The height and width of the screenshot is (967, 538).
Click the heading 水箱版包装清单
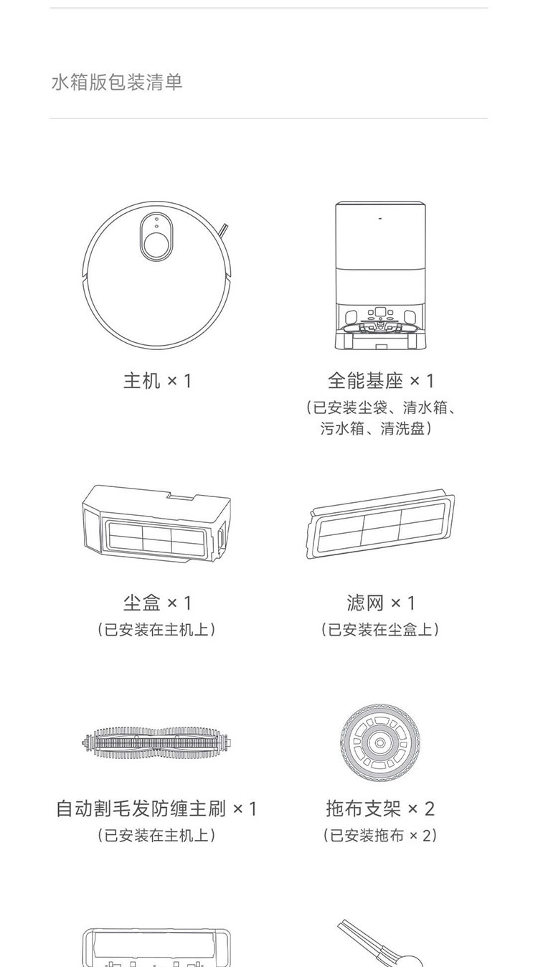(x=117, y=82)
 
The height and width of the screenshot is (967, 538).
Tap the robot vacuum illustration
(x=156, y=273)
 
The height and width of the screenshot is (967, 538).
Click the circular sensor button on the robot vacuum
(x=156, y=245)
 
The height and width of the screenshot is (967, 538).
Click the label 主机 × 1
(x=157, y=380)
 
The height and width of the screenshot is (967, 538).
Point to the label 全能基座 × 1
(x=380, y=380)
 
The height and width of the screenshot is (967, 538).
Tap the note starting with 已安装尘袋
(x=380, y=418)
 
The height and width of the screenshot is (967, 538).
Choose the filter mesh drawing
(x=380, y=526)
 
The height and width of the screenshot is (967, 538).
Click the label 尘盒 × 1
(x=157, y=603)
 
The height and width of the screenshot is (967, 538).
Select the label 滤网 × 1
(x=380, y=603)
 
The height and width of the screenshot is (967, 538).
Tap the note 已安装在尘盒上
(x=380, y=629)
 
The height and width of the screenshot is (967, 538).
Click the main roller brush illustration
(x=156, y=742)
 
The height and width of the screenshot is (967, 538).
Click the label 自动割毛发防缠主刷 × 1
(x=156, y=808)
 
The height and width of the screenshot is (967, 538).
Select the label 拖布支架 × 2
(x=380, y=808)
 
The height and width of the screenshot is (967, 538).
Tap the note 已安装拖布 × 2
(x=380, y=835)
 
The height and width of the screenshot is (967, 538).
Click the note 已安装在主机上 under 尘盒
(x=156, y=629)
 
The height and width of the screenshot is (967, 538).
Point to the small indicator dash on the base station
(x=379, y=214)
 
